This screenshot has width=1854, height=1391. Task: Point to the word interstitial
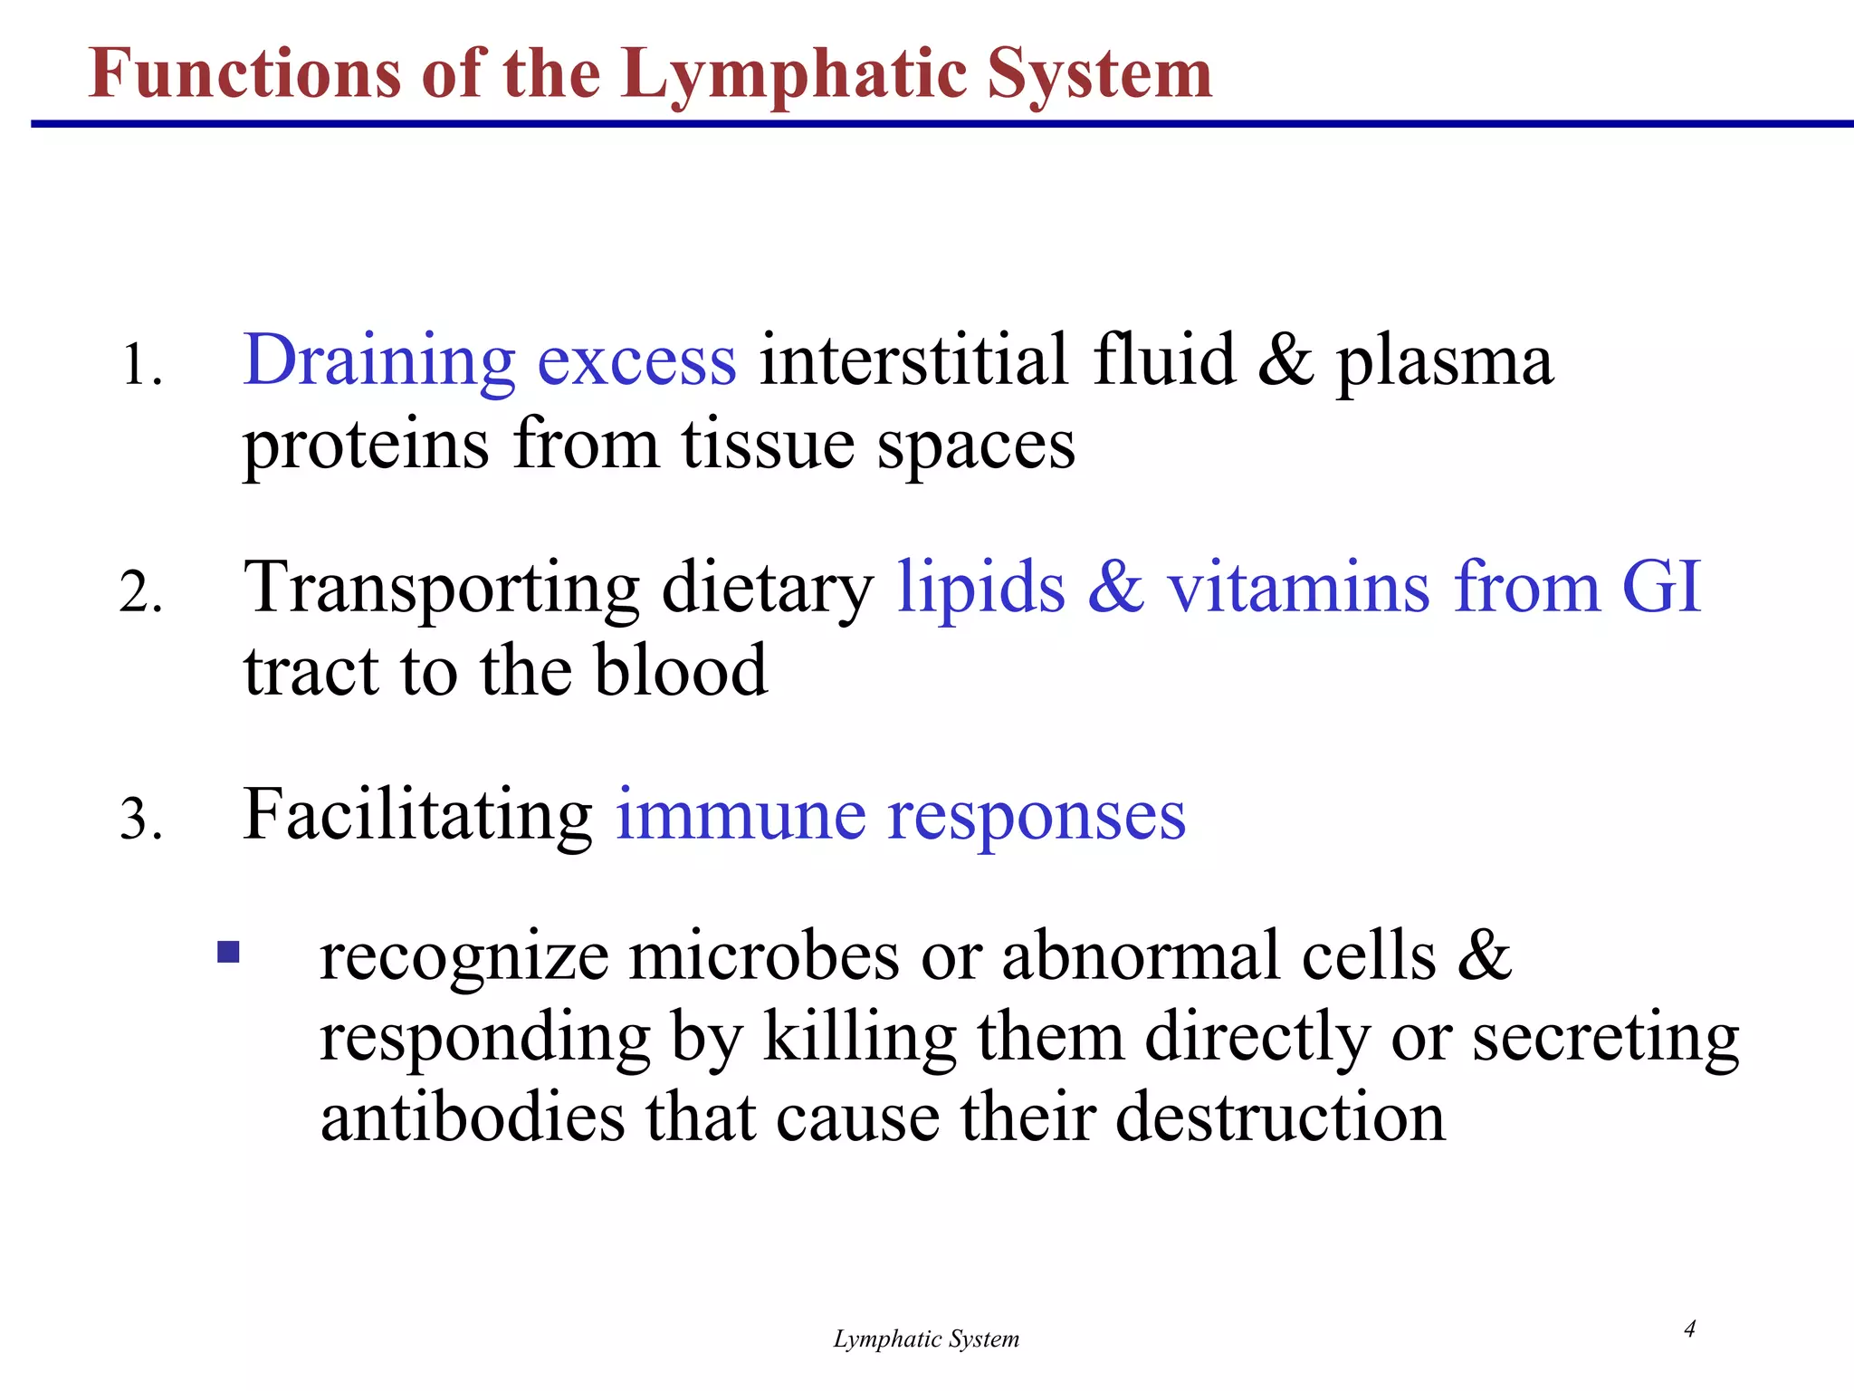pos(913,360)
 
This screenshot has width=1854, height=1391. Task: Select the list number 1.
pos(141,366)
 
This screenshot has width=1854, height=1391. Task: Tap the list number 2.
pos(141,594)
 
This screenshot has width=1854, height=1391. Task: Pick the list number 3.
pos(141,820)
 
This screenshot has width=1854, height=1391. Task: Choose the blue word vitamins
pos(1298,588)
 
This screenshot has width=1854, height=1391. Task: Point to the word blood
pos(681,670)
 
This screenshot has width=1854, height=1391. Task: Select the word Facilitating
pos(417,814)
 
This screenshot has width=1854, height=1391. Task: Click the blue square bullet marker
pos(228,953)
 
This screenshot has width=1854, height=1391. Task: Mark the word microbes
pos(764,957)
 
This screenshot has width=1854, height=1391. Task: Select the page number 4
pos(1689,1329)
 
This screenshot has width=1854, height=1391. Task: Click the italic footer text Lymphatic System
pos(926,1339)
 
